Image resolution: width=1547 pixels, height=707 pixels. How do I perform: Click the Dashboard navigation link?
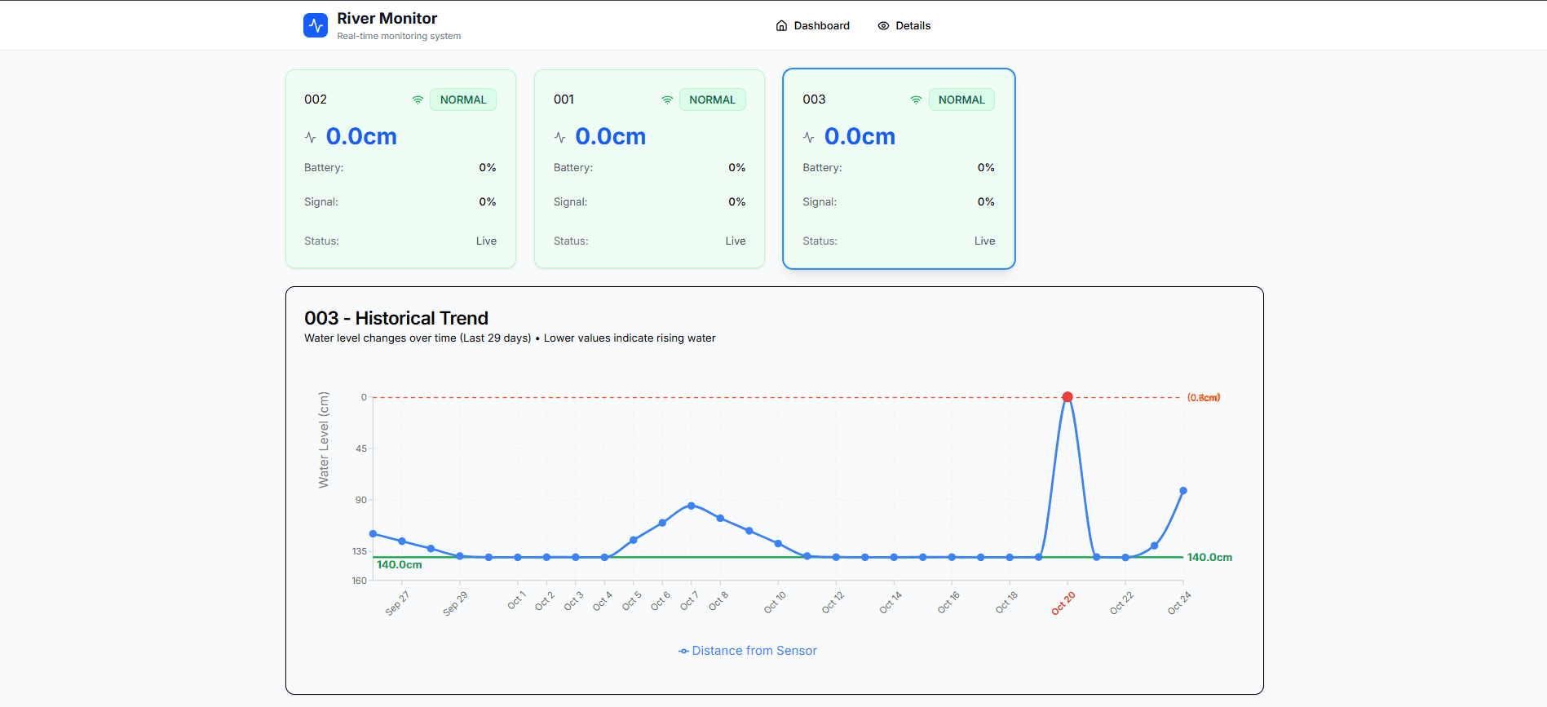click(812, 26)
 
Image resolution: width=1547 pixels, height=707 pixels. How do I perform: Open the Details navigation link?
click(904, 26)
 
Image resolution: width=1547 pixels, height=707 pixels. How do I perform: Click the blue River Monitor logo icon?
click(316, 25)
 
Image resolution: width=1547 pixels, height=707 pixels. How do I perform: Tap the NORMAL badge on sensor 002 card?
click(463, 99)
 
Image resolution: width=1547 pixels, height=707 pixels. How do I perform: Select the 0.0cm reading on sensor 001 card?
click(610, 136)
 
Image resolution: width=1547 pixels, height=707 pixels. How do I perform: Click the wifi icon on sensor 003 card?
click(916, 99)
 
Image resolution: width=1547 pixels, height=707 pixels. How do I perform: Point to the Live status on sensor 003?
click(984, 241)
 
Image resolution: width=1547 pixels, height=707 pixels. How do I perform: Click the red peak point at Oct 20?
click(1067, 397)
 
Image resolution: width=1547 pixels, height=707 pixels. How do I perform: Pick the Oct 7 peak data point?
click(692, 506)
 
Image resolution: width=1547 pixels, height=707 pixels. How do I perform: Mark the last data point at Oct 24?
click(1183, 491)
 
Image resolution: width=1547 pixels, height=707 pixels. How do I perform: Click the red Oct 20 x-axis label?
click(1063, 603)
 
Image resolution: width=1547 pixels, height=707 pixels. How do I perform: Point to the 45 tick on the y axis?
click(361, 449)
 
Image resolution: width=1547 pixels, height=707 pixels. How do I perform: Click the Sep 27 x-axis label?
click(397, 603)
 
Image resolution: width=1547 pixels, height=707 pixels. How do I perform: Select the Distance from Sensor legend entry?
click(748, 651)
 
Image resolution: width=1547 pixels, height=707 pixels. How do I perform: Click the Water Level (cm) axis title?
click(324, 440)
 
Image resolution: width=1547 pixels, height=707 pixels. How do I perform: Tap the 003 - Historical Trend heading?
click(396, 318)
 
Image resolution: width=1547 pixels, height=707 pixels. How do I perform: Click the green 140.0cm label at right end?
click(1209, 558)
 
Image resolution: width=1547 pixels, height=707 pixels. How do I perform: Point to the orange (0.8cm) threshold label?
click(1204, 398)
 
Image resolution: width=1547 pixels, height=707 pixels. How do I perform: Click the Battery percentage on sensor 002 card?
click(488, 168)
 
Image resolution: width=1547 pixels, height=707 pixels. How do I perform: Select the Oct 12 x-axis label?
click(833, 603)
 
